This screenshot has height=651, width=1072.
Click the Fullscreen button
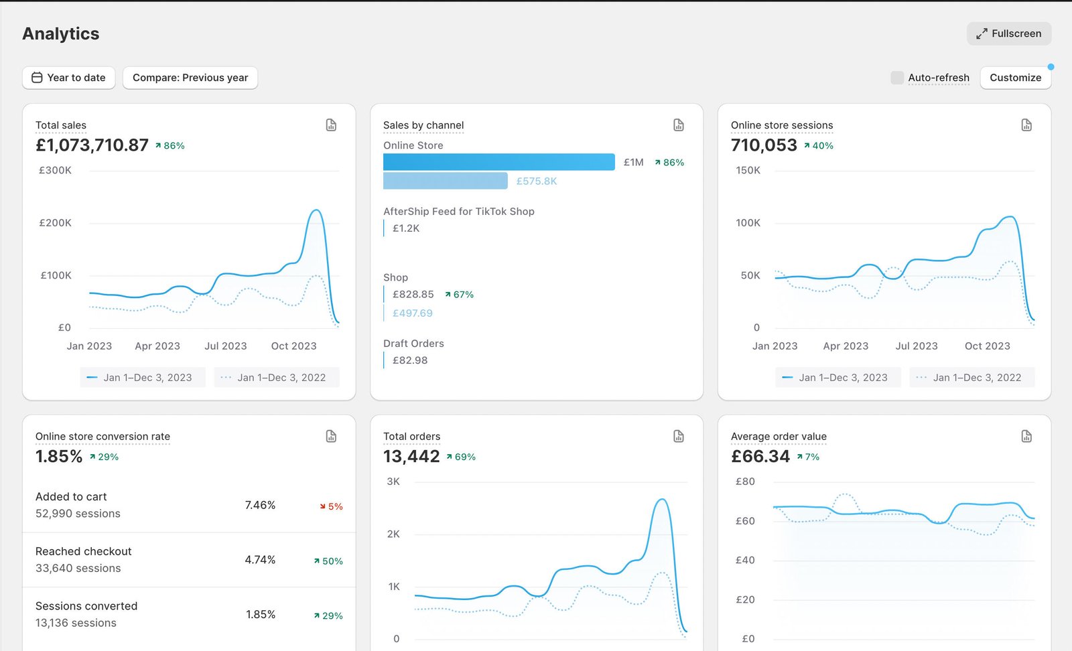point(1008,33)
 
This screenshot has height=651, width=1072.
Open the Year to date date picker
point(68,78)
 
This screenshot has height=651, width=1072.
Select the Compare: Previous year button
point(190,78)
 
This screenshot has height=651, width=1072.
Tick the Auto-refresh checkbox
point(896,78)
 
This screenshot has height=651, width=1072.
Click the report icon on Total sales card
point(331,125)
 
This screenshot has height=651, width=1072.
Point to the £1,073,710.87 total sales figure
point(92,145)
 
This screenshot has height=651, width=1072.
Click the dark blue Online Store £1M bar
point(498,162)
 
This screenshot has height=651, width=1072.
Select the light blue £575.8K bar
point(445,181)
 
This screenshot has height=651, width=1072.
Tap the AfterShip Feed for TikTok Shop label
point(459,212)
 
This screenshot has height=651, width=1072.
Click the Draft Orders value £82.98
point(410,360)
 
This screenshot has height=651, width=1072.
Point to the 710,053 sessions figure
point(764,145)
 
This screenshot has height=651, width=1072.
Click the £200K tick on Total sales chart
point(55,223)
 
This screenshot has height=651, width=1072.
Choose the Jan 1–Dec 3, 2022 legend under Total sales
point(276,378)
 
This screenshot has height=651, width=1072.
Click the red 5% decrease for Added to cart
point(332,506)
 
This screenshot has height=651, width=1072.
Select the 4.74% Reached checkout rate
point(260,560)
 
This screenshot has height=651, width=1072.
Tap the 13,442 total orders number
point(411,457)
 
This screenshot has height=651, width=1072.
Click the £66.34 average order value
point(760,457)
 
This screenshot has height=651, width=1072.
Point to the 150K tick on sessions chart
point(748,171)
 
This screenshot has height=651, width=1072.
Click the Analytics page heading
point(61,33)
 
